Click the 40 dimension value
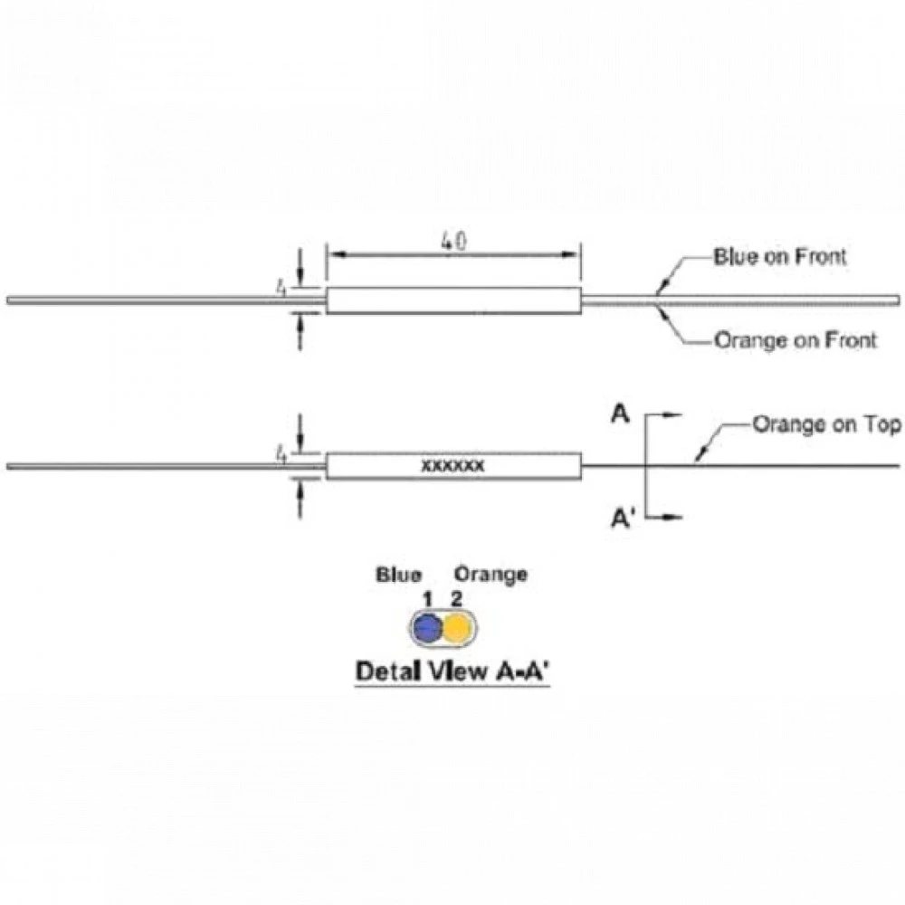pos(453,242)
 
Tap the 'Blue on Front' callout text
pos(780,257)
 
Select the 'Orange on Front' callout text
pos(795,340)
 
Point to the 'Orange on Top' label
pos(826,424)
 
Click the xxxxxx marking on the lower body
pos(453,466)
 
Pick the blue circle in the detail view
pos(428,627)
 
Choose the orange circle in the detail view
pos(458,627)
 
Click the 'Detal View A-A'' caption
pos(452,672)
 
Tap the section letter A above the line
pos(620,414)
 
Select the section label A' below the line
pos(623,519)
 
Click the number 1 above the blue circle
pos(428,600)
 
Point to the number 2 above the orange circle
pos(456,599)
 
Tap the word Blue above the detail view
pos(398,575)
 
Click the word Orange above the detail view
pos(491,575)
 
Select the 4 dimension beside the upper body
pos(281,288)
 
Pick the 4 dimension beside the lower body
pos(281,455)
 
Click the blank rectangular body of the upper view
pos(453,300)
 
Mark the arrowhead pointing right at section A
pos(673,414)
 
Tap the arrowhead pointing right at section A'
pos(673,517)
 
